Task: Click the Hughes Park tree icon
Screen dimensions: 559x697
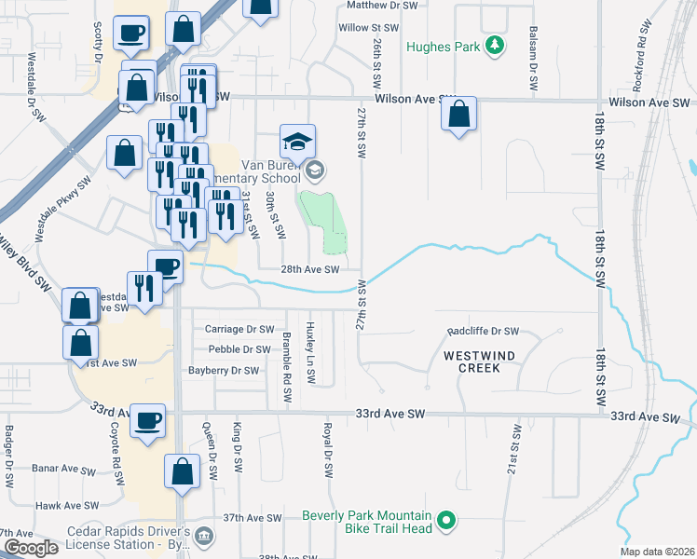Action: coord(498,45)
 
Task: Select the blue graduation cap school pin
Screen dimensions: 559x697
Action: coord(298,142)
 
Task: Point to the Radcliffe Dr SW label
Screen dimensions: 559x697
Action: coord(483,331)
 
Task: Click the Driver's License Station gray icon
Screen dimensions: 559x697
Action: coord(206,538)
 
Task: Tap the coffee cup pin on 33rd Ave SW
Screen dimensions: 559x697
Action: coord(148,421)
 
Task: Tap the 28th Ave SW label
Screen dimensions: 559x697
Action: coord(310,269)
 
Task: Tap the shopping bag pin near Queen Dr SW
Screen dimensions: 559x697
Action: coord(182,472)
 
